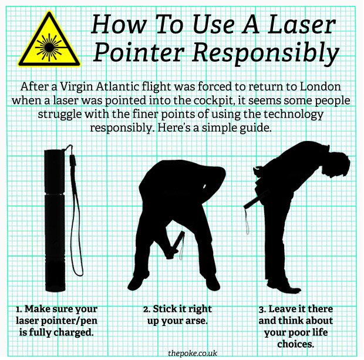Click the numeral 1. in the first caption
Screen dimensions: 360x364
coord(19,309)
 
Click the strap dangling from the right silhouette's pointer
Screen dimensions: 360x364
coord(247,220)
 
